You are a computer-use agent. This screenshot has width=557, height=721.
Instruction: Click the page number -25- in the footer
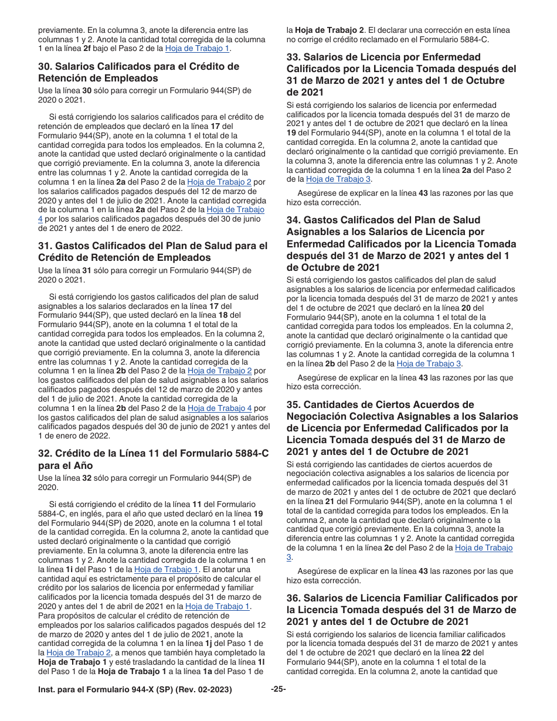pyautogui.click(x=278, y=689)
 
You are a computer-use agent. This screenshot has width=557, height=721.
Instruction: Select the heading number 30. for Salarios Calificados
pyautogui.click(x=46, y=66)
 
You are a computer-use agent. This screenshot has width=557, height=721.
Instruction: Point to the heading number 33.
pyautogui.click(x=294, y=57)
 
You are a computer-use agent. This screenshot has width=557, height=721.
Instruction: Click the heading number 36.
pyautogui.click(x=294, y=598)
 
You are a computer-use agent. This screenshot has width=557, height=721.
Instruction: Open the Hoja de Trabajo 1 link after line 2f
pyautogui.click(x=197, y=49)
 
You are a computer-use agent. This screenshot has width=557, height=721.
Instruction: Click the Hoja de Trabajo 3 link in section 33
pyautogui.click(x=338, y=179)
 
